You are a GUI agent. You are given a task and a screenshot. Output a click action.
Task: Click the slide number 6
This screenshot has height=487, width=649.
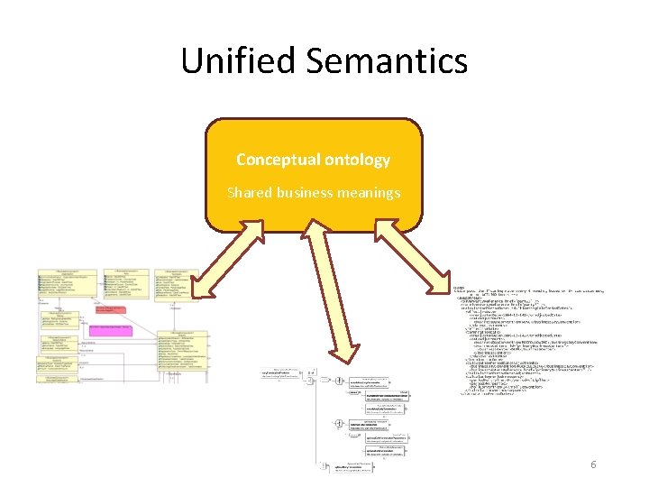click(593, 464)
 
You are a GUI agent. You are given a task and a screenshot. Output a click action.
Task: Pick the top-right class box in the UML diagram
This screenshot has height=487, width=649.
click(174, 279)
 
